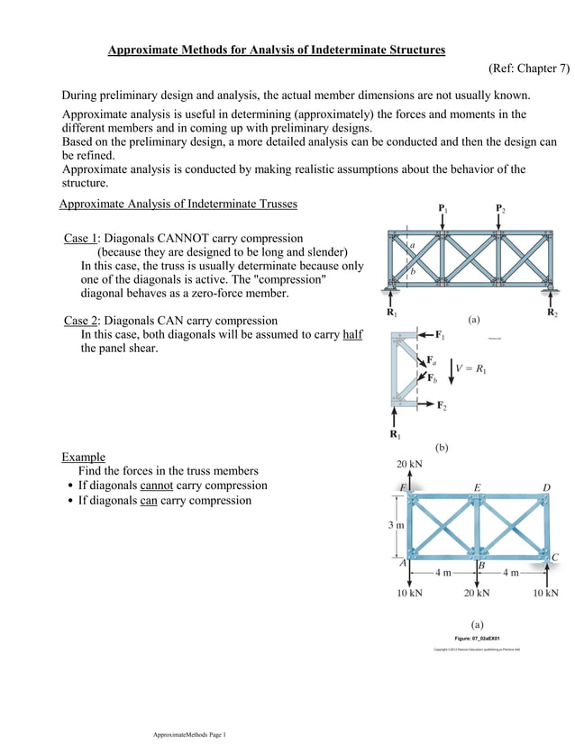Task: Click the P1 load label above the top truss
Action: (x=443, y=209)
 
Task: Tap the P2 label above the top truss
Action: (x=500, y=209)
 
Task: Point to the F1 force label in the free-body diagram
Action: (x=440, y=335)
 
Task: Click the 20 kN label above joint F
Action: (x=409, y=465)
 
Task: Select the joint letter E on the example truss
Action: (x=477, y=487)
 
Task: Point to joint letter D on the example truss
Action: (x=546, y=487)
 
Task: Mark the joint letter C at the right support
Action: (x=554, y=558)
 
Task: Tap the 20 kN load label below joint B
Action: (x=477, y=594)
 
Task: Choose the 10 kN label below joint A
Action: (x=409, y=594)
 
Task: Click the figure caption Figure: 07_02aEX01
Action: (x=477, y=637)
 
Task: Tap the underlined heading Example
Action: (x=83, y=457)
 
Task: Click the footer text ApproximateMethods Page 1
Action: (x=189, y=735)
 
